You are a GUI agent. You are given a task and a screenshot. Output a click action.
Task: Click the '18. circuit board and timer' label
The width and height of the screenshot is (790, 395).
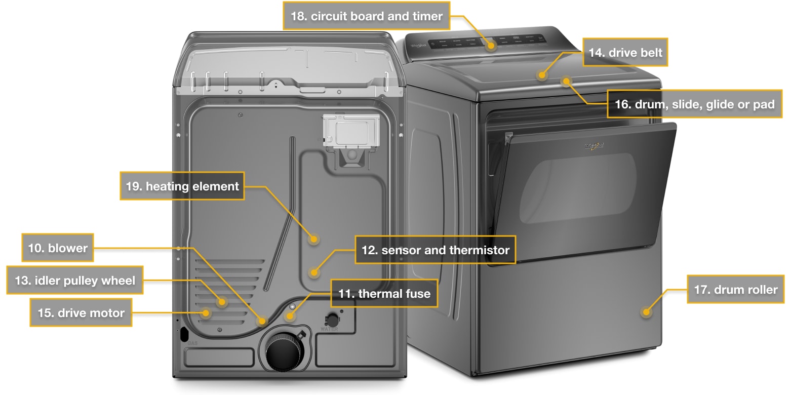366,16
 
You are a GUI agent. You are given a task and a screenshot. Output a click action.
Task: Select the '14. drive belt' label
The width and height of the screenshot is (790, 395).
624,52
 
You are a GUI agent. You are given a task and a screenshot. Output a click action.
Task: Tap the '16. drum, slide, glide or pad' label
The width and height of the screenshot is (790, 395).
694,104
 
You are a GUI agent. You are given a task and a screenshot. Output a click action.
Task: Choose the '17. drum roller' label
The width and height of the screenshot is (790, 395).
735,290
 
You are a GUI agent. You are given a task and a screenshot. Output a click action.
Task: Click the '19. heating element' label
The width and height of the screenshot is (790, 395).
182,186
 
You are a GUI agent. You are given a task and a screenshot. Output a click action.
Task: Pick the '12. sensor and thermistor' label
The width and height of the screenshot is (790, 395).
435,250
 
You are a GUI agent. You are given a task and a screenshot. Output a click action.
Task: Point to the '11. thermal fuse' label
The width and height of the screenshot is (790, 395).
384,293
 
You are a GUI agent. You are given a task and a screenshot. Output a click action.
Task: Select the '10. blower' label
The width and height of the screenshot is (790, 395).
58,248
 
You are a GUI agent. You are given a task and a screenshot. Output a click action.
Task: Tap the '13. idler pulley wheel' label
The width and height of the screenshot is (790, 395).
74,280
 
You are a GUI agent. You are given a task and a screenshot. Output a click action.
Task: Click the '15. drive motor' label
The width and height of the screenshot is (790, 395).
81,312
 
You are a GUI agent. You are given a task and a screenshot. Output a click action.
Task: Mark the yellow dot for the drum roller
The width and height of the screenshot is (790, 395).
646,311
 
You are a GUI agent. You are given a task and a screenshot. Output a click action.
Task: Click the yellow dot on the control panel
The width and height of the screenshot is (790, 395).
491,45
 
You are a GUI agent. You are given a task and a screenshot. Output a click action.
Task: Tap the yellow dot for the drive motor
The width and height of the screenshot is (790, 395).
205,313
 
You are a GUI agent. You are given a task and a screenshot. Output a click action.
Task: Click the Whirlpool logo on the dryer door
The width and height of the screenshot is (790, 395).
594,146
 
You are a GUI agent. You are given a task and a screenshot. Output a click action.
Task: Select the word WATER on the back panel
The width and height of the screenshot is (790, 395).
329,329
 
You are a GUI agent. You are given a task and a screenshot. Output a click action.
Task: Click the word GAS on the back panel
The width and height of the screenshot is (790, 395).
192,343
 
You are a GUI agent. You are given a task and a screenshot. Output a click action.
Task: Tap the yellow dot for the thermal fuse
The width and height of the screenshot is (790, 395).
289,317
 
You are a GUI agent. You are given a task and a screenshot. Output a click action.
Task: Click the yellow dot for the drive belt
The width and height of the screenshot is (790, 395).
542,75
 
